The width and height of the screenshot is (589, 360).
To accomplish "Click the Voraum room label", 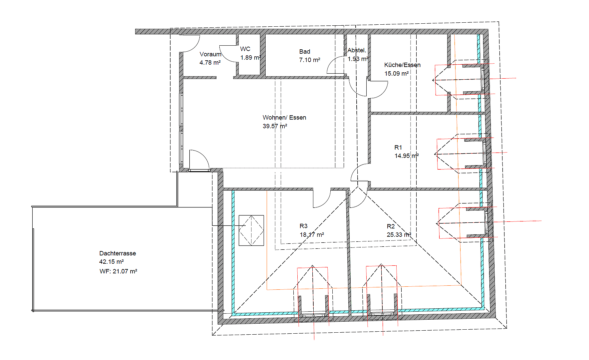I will click(x=210, y=54).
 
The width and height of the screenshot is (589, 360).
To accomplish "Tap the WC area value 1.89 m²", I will click(x=250, y=58).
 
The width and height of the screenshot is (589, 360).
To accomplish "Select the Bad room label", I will click(x=305, y=51).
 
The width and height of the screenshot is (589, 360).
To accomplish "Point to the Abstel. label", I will click(x=357, y=50).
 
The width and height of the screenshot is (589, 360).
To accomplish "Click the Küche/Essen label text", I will click(x=402, y=65).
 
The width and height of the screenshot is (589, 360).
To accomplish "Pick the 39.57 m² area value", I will click(x=275, y=126).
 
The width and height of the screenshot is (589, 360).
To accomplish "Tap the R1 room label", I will click(x=398, y=147).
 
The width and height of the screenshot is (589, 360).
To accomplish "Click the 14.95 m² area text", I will click(x=406, y=156).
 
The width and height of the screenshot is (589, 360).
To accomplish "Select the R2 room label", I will click(x=391, y=226).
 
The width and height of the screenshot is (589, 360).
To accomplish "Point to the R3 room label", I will click(x=303, y=226).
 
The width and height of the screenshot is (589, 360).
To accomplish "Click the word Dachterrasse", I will click(x=118, y=253).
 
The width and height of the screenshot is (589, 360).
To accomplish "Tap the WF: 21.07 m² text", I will click(x=118, y=271).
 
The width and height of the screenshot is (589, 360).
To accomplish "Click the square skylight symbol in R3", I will click(x=251, y=230).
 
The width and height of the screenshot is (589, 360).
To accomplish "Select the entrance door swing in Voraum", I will click(x=190, y=43).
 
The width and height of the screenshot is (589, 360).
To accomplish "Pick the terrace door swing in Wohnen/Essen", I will click(x=199, y=160).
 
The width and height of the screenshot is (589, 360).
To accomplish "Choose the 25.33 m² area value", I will click(x=399, y=235).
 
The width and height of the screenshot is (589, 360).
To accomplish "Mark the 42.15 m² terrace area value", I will click(x=111, y=262).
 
